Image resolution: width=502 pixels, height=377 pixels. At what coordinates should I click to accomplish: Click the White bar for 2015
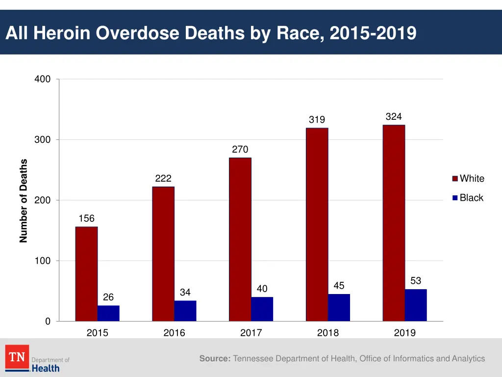coord(86,274)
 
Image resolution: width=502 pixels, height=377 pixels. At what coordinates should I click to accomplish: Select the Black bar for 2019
coord(416,305)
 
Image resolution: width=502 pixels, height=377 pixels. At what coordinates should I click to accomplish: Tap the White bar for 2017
coord(240,240)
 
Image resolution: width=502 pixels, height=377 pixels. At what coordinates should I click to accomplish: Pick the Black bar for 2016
coord(185,311)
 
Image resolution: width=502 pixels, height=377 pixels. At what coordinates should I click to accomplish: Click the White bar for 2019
coord(394,223)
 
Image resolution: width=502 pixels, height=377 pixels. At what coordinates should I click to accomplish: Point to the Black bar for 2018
coord(339,308)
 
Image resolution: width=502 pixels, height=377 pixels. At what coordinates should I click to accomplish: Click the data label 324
coord(394,117)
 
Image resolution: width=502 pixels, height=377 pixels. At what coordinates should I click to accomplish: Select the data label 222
coord(163,179)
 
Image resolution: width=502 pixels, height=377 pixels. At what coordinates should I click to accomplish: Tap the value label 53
coord(416,281)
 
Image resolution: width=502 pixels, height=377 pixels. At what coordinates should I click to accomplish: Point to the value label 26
coord(108,297)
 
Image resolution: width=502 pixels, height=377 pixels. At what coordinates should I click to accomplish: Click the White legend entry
coord(468,179)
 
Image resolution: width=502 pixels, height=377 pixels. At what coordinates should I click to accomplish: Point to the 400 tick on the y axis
coord(43,80)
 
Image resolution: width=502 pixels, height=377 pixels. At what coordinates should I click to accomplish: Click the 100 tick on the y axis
coord(43,261)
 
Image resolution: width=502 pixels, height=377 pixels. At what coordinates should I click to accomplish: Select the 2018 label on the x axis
coord(328,333)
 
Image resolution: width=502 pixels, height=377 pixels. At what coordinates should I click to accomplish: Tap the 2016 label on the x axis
coord(174,333)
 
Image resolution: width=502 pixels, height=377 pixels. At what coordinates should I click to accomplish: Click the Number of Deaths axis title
coord(24,201)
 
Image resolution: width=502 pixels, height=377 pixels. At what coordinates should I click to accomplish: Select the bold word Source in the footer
coord(215,359)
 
